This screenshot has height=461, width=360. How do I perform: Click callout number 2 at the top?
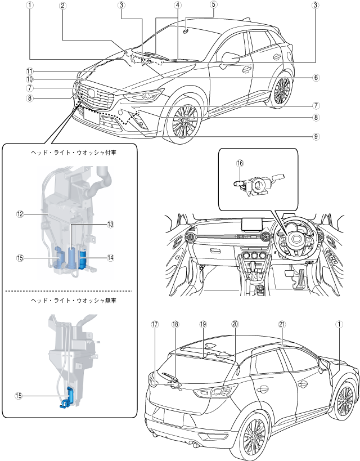(x=62, y=6)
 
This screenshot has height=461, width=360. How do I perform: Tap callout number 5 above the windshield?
(x=213, y=4)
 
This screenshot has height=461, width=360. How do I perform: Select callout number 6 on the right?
(x=316, y=77)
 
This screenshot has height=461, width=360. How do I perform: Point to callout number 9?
(x=316, y=136)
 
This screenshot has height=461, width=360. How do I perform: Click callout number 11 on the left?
(x=30, y=71)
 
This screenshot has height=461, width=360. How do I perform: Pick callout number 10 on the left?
(x=30, y=79)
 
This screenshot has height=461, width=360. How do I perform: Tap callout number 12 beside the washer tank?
(x=20, y=214)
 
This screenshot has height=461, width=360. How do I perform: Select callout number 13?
(x=110, y=225)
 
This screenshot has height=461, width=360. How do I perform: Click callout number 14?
(x=110, y=258)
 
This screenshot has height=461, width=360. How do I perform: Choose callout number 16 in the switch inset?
(x=240, y=163)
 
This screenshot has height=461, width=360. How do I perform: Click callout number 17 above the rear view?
(x=155, y=324)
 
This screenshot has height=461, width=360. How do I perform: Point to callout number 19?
(x=203, y=324)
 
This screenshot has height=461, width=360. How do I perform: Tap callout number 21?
(x=282, y=324)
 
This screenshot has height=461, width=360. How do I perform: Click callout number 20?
(x=235, y=324)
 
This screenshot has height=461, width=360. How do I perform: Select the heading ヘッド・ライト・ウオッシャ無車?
(x=74, y=301)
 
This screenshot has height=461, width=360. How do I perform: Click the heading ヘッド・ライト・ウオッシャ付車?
(x=74, y=153)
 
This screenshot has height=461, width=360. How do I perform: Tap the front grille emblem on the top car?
(x=91, y=93)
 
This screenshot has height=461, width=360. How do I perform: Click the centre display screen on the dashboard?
(x=251, y=225)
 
